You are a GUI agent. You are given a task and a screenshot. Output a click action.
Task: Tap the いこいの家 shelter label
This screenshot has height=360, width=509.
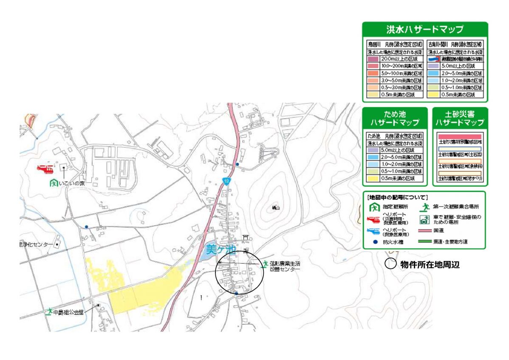pyautogui.click(x=72, y=183)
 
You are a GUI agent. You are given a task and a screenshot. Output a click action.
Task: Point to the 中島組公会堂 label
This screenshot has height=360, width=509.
pyautogui.click(x=68, y=312)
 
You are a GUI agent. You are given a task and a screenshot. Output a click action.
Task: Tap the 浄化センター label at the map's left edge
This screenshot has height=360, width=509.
pyautogui.click(x=37, y=245)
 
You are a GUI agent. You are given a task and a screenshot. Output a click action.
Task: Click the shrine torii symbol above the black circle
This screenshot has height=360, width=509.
pyautogui.click(x=245, y=237)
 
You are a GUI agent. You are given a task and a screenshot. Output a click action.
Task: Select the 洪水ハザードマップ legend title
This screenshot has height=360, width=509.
pyautogui.click(x=424, y=30)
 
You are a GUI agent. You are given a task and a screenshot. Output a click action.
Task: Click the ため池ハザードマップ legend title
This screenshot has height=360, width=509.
pyautogui.click(x=395, y=119)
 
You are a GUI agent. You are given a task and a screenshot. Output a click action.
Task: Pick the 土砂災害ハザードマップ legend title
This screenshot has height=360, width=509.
pyautogui.click(x=460, y=119)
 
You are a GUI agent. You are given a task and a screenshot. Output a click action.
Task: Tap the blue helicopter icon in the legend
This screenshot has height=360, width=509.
pyautogui.click(x=373, y=232)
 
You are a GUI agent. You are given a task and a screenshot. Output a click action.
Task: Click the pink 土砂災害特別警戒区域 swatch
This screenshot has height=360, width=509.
pyautogui.click(x=460, y=136)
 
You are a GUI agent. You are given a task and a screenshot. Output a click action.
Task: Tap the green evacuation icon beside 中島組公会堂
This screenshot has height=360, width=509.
pyautogui.click(x=49, y=312)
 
